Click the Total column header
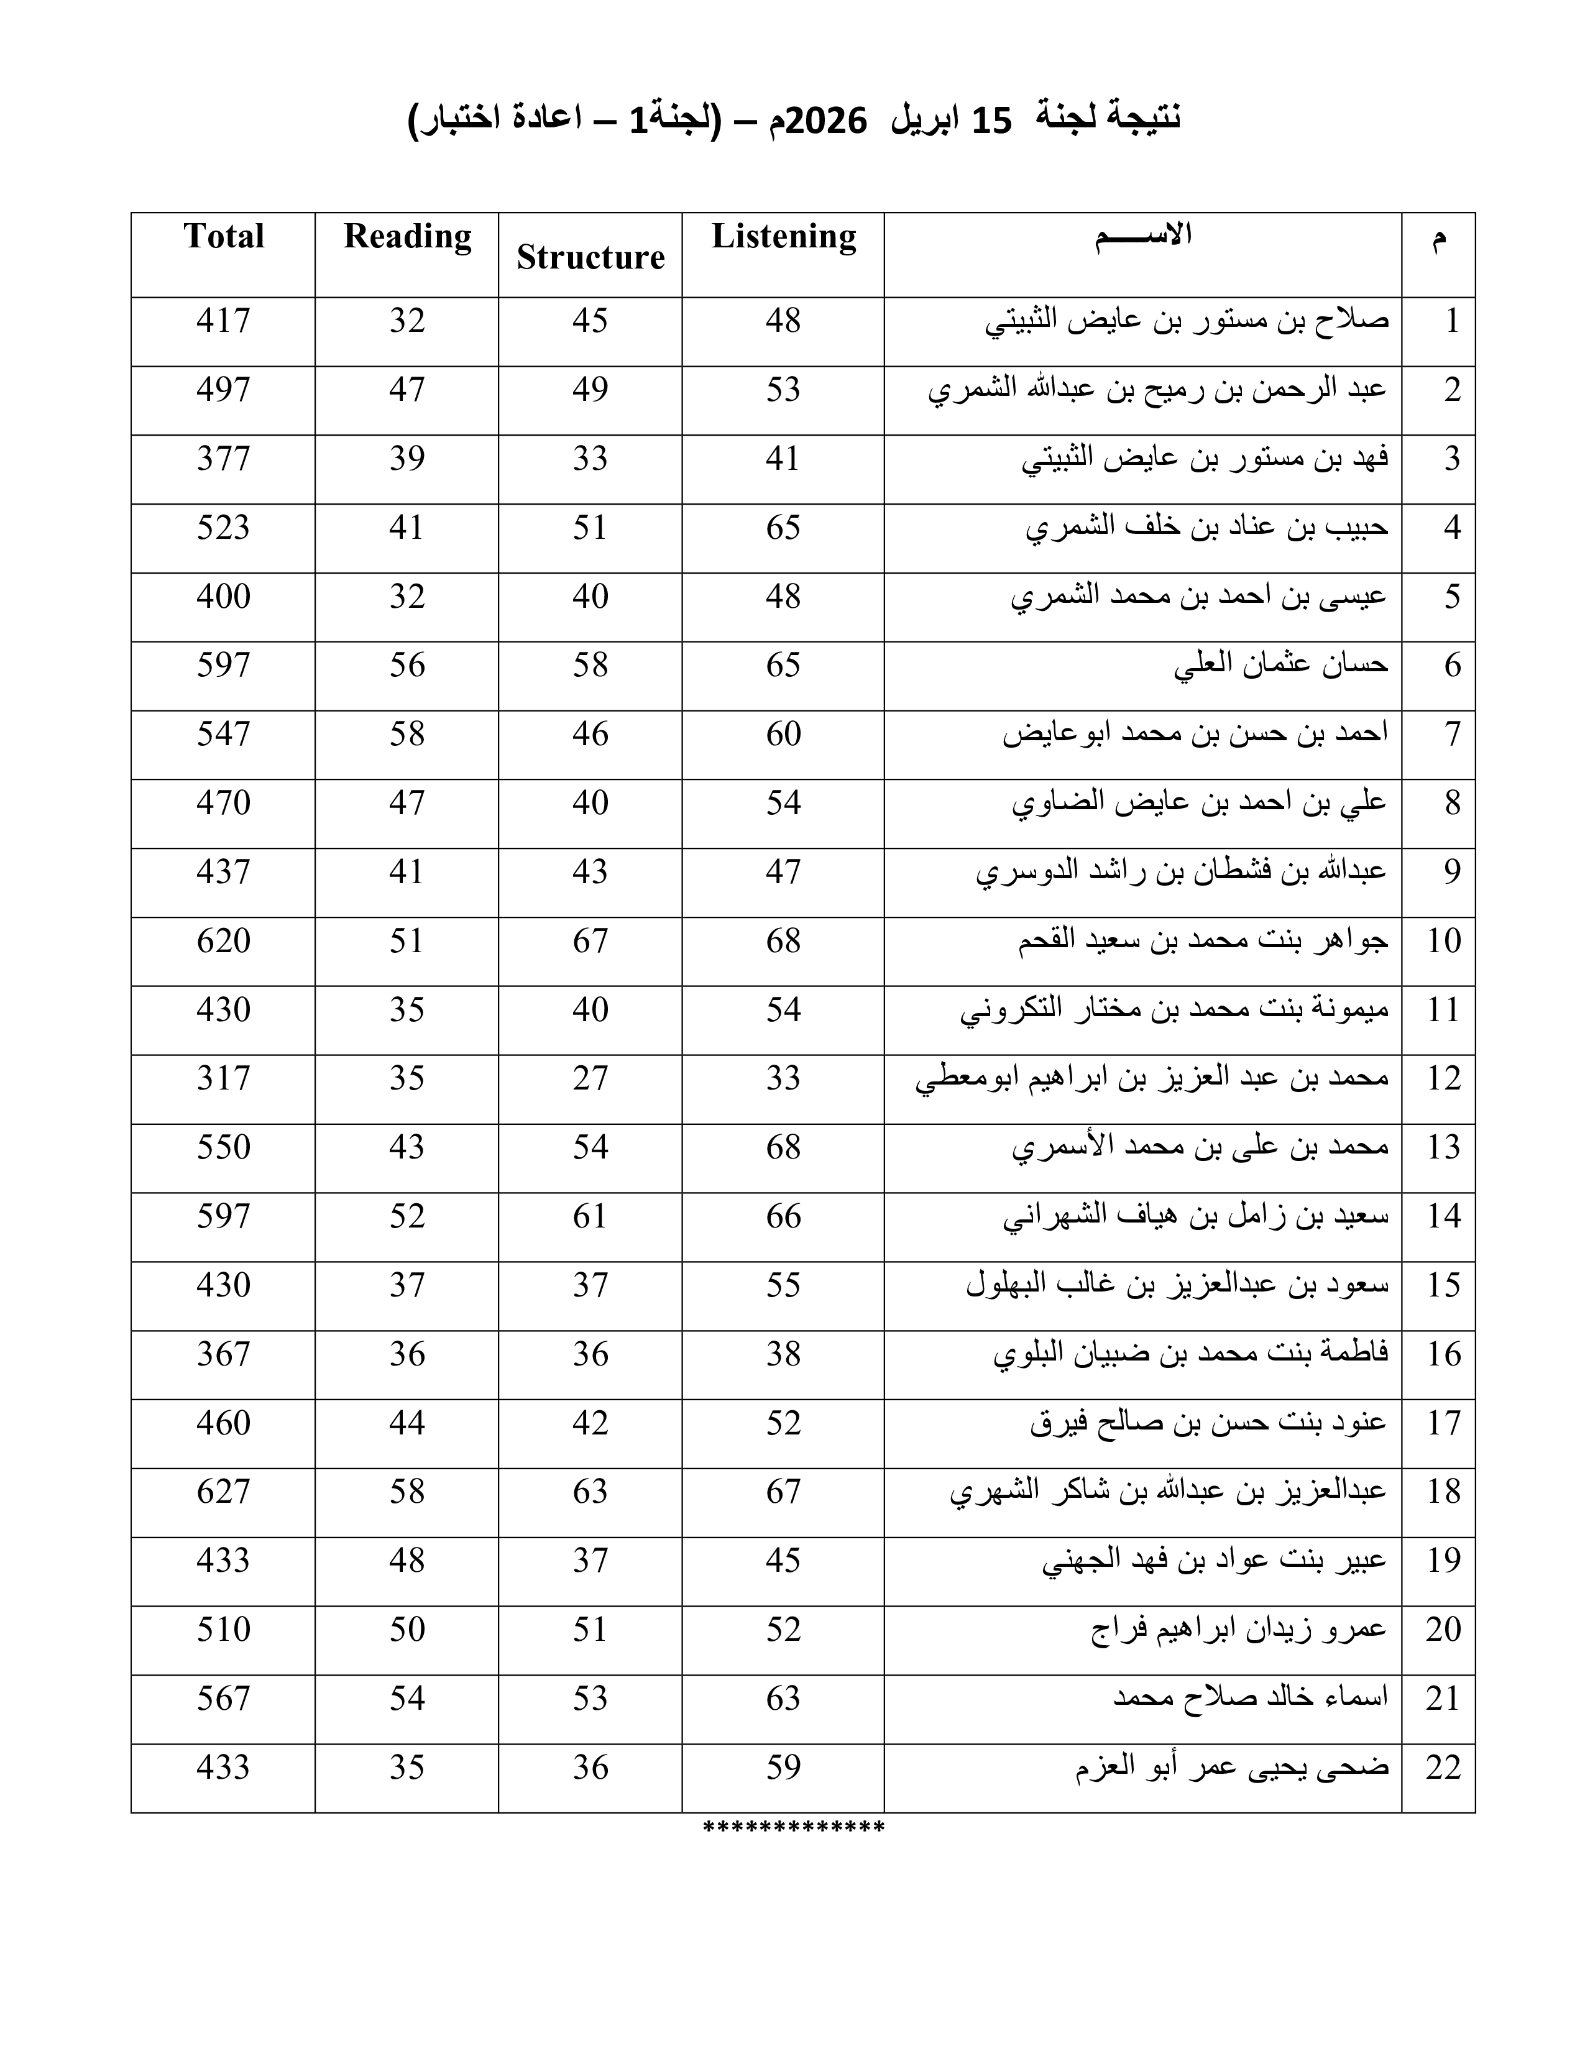[224, 236]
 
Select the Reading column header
[408, 236]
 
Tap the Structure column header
[590, 256]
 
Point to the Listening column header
[784, 236]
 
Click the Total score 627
[224, 1491]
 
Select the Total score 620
[224, 940]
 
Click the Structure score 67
[590, 940]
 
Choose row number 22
[1443, 1768]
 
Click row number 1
[1451, 321]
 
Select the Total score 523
[224, 528]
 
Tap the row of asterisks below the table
[794, 1827]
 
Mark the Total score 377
[224, 458]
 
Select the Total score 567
[224, 1698]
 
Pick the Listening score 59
[783, 1768]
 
